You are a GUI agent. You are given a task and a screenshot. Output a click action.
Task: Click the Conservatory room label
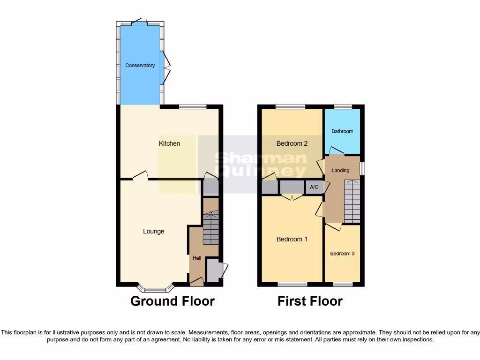[140, 66]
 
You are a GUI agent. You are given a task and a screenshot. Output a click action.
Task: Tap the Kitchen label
[169, 143]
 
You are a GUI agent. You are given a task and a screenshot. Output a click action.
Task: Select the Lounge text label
[154, 231]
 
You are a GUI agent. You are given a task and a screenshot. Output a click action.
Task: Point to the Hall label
[197, 258]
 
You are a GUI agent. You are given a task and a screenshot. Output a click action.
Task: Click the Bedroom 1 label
[292, 239]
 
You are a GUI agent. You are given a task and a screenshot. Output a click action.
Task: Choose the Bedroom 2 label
[292, 143]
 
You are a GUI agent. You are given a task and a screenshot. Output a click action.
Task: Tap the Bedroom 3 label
[342, 254]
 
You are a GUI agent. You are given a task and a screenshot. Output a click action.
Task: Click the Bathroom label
[342, 131]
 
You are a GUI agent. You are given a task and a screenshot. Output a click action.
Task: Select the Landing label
[340, 170]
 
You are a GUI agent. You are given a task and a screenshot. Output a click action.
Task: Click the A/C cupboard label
[314, 187]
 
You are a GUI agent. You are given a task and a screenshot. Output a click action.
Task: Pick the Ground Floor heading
[172, 301]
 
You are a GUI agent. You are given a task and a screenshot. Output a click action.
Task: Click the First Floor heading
[310, 301]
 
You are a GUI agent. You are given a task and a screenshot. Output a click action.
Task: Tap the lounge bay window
[155, 288]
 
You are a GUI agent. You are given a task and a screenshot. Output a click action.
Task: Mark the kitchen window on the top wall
[192, 107]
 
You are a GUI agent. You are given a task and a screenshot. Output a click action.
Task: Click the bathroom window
[343, 107]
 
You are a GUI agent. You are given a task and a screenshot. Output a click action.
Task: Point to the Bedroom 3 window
[343, 284]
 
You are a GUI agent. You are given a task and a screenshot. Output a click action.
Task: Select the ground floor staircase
[211, 228]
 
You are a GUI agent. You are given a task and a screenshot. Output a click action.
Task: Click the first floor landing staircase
[352, 202]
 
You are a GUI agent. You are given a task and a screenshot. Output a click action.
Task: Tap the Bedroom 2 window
[290, 107]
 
